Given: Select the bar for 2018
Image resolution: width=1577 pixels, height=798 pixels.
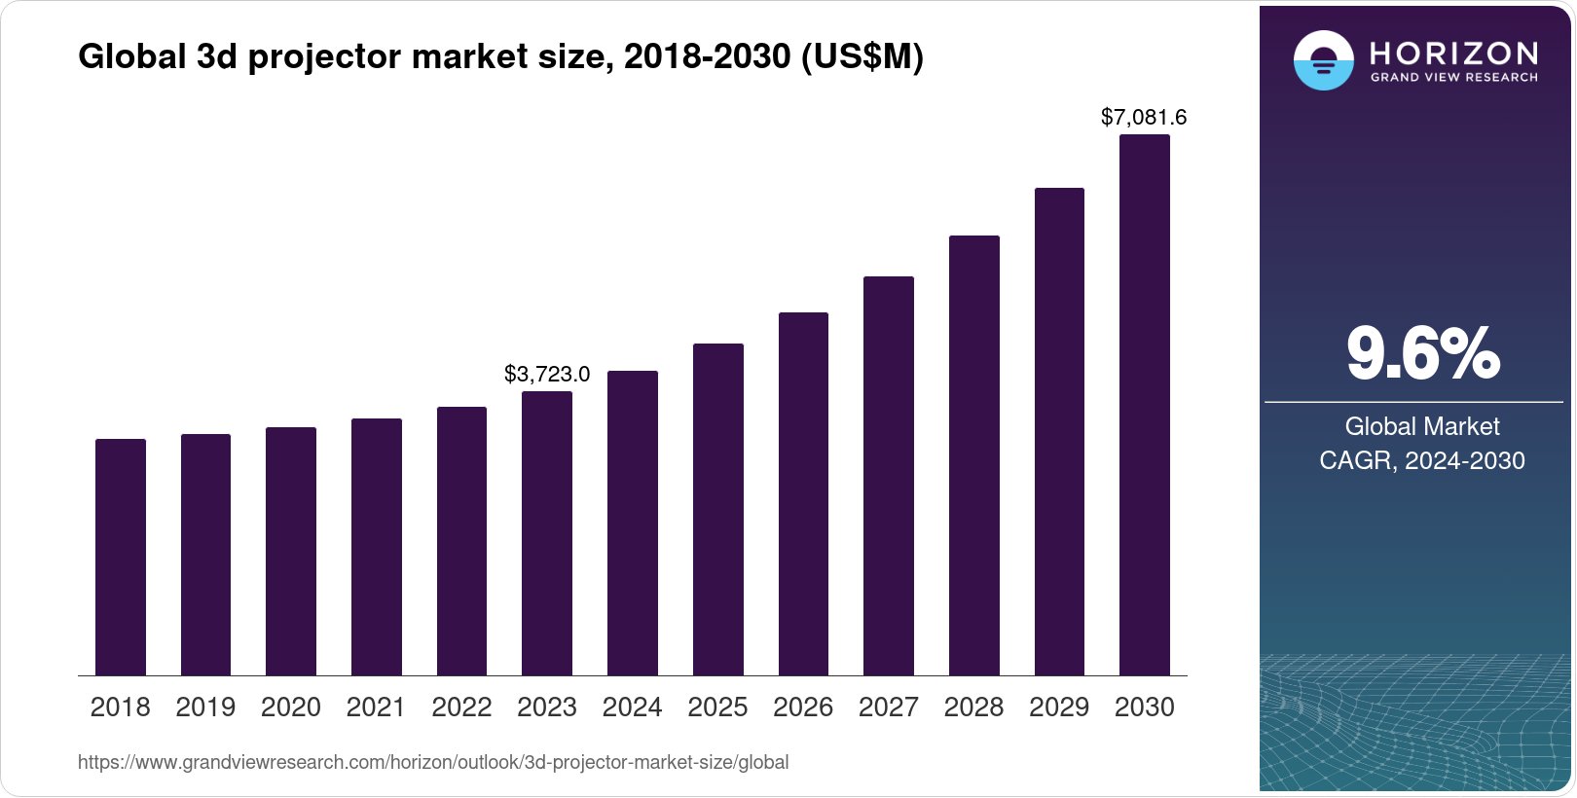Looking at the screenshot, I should click(x=121, y=557).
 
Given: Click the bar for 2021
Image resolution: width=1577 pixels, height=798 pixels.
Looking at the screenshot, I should click(x=377, y=547).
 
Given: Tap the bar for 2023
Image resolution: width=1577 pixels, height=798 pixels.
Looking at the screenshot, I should click(x=547, y=533).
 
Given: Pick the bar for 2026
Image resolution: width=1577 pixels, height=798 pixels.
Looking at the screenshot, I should click(x=803, y=493).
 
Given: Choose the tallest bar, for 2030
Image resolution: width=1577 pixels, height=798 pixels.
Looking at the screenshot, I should click(x=1145, y=405).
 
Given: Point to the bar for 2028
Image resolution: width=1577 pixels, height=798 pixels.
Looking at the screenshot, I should click(x=974, y=455).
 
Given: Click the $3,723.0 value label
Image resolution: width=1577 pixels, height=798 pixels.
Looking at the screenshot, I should click(x=547, y=375).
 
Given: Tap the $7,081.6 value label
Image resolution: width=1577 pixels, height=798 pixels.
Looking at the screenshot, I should click(x=1144, y=118).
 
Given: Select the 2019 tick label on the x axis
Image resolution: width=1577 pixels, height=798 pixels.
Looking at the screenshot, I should click(x=205, y=707).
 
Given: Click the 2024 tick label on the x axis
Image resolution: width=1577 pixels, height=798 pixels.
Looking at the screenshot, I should click(x=632, y=707).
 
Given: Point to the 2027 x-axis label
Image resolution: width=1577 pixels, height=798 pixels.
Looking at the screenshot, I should click(x=888, y=707).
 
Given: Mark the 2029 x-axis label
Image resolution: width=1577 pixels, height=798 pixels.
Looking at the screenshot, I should click(x=1059, y=707).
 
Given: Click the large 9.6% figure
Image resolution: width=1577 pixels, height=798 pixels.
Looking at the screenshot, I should click(x=1422, y=354).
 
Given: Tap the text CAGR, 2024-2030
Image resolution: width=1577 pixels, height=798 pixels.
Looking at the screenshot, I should click(x=1422, y=460).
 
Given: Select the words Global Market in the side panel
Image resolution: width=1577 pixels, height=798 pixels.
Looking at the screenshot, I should click(x=1422, y=426).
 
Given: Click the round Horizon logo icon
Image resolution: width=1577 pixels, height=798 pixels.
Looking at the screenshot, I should click(x=1323, y=60).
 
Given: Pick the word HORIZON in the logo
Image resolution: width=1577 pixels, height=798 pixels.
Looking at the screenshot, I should click(x=1453, y=53).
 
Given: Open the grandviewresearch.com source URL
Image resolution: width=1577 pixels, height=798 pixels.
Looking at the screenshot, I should click(x=433, y=763).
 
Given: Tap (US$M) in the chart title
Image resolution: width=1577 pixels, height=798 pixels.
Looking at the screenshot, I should click(x=862, y=57).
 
